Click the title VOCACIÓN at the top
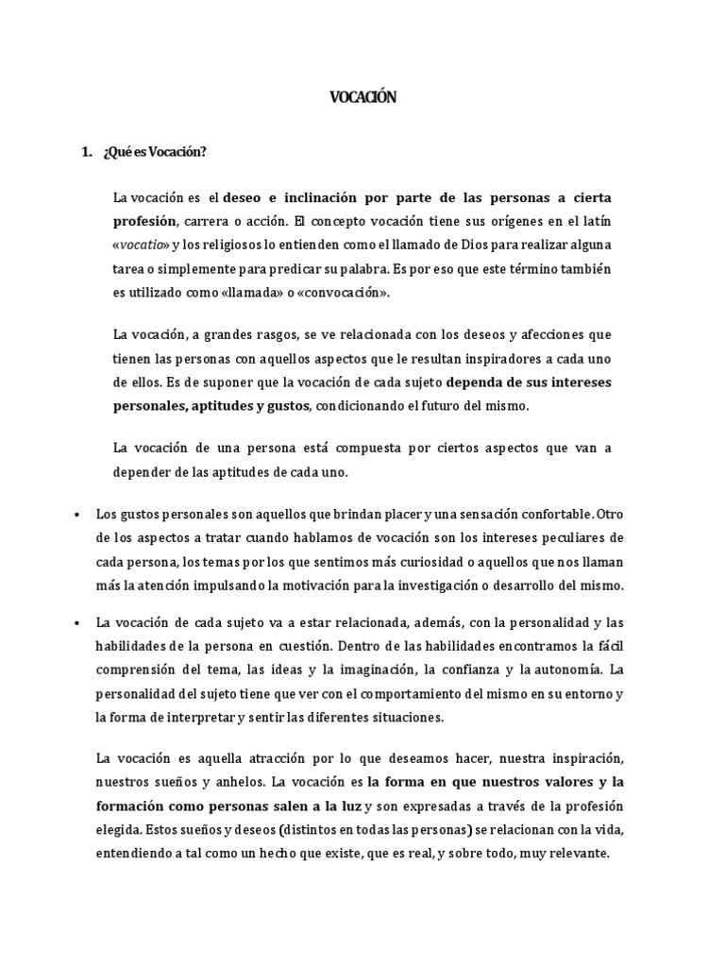362,96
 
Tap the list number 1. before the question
87,152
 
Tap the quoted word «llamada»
266,294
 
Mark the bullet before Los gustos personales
75,515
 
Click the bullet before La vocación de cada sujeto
75,623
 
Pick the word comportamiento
401,694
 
